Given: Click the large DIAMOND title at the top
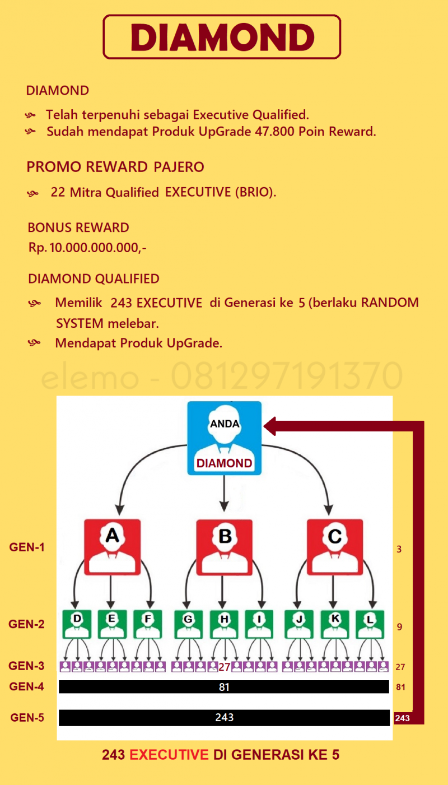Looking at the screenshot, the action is point(222,37).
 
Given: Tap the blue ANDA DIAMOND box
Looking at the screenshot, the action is point(224,438).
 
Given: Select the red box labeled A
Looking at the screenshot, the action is point(113,547).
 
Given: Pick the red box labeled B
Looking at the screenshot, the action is point(224,547).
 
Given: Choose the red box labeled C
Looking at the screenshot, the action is point(335,547).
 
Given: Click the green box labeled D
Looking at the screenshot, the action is point(77,624).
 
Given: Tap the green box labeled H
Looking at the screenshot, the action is point(224,624).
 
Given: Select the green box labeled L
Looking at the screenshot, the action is point(370,624).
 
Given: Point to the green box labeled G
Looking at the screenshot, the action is point(189,624).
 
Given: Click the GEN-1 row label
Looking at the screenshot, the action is point(27,547).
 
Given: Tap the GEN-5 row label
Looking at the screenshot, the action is point(27,717).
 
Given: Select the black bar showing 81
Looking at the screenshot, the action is point(224,686).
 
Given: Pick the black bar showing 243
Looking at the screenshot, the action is point(224,717).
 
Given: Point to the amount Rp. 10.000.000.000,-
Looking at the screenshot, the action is point(87,248).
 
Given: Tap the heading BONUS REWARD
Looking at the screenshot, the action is point(78,228).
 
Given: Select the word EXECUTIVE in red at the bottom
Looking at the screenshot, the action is point(169,755).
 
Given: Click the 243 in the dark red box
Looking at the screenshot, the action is point(402,718).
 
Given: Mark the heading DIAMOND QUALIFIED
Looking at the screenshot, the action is point(94,279).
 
